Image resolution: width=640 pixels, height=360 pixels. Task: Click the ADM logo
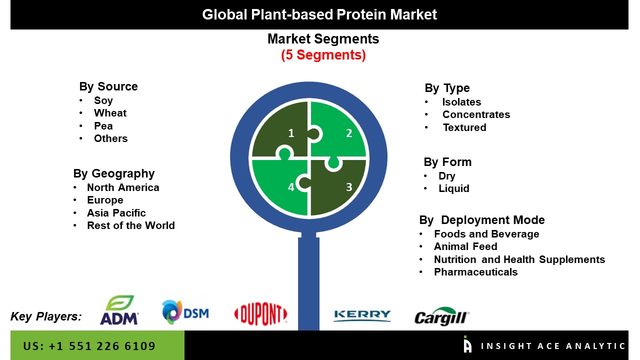(119, 310)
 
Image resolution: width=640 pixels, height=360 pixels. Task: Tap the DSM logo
(185, 312)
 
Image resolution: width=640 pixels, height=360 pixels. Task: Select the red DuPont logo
(260, 314)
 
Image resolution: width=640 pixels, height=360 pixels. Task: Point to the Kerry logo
(362, 315)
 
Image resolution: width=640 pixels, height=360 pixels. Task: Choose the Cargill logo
(441, 316)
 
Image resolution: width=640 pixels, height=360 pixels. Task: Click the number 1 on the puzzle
(291, 133)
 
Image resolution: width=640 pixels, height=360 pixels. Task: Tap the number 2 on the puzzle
(349, 133)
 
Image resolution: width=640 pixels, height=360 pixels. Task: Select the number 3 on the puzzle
(349, 187)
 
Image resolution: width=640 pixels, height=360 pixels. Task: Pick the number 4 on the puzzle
(291, 187)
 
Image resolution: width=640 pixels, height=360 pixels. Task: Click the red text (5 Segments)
(323, 55)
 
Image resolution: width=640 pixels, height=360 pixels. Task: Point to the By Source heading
(108, 86)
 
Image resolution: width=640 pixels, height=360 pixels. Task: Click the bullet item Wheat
(110, 113)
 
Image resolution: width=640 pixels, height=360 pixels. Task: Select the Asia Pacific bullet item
(116, 213)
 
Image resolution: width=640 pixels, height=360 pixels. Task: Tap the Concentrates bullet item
(476, 114)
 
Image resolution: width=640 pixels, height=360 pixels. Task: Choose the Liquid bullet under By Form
(454, 188)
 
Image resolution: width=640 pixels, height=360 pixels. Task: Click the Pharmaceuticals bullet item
(475, 272)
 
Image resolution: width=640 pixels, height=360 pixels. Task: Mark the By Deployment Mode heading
(482, 220)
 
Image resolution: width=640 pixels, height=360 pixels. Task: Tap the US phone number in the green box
(89, 346)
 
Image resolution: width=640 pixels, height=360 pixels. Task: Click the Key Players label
(46, 316)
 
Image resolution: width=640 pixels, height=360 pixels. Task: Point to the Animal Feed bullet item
(465, 246)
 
